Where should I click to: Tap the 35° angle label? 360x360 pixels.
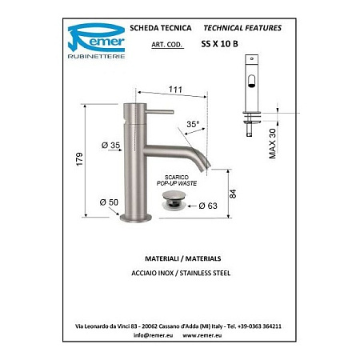click(193, 126)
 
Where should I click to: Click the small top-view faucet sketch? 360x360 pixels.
click(252, 80)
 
